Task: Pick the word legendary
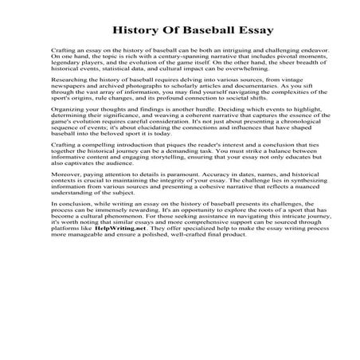click(66, 63)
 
